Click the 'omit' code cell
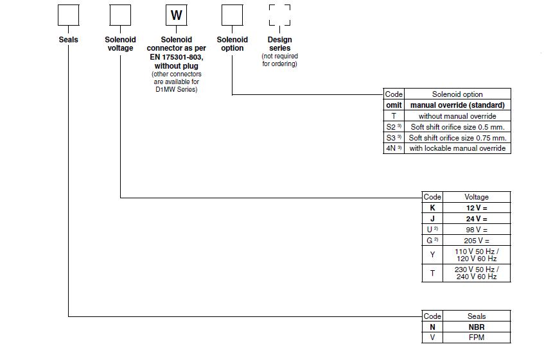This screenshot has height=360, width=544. click(394, 105)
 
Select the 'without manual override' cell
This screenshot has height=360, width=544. click(457, 116)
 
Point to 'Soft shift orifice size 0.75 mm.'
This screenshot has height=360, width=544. click(457, 137)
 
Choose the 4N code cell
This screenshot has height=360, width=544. click(394, 148)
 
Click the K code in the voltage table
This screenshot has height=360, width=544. click(432, 208)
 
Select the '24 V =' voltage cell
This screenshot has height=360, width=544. click(477, 219)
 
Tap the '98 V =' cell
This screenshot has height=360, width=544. click(477, 229)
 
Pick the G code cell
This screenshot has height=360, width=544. click(432, 240)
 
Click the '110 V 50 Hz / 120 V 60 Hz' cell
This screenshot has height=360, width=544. click(477, 255)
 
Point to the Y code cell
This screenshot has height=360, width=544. click(432, 255)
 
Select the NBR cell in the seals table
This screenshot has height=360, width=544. click(477, 327)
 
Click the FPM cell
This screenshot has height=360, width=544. click(477, 338)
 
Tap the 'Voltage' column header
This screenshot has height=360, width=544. click(477, 197)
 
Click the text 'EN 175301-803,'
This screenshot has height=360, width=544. click(176, 57)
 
